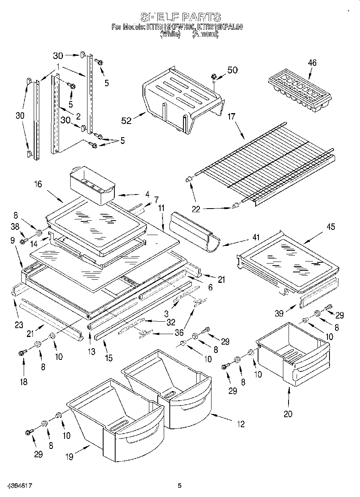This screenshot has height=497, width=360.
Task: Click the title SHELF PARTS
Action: click(x=180, y=17)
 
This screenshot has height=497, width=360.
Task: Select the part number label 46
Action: click(x=312, y=63)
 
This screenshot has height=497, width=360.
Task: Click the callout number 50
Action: click(x=232, y=70)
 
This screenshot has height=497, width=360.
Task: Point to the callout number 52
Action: click(x=127, y=120)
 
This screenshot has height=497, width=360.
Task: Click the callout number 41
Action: click(x=256, y=237)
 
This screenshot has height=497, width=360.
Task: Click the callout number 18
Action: click(x=24, y=381)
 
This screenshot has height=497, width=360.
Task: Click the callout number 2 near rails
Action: click(x=78, y=117)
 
